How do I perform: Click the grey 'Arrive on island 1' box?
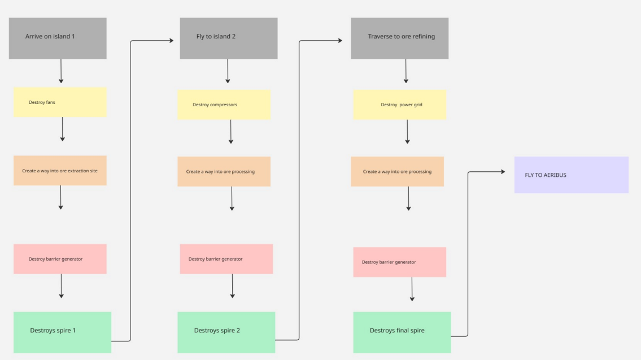58,38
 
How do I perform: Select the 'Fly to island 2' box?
229,38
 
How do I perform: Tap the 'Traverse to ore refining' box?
399,38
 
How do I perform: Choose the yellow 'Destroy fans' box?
60,102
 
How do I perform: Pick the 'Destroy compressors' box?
224,105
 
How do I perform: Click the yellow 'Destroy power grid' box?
399,105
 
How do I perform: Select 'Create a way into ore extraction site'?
60,171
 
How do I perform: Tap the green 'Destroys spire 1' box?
62,332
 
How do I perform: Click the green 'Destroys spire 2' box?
226,332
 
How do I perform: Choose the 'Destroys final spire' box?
402,332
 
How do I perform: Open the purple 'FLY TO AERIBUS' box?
571,175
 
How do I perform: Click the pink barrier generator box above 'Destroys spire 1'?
60,259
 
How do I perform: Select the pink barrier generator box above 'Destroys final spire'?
399,262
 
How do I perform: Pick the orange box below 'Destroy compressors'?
224,171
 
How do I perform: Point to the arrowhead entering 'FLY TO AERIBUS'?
503,172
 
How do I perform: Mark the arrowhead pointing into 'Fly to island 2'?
172,41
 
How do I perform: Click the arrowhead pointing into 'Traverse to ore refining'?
340,41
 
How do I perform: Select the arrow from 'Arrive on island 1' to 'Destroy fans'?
61,71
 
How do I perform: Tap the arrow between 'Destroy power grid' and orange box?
407,132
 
